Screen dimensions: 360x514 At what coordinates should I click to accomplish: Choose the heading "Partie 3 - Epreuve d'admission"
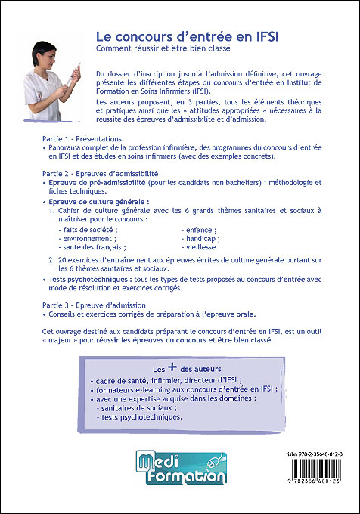pos(94,305)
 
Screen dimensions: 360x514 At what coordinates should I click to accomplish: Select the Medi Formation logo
pos(180,466)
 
